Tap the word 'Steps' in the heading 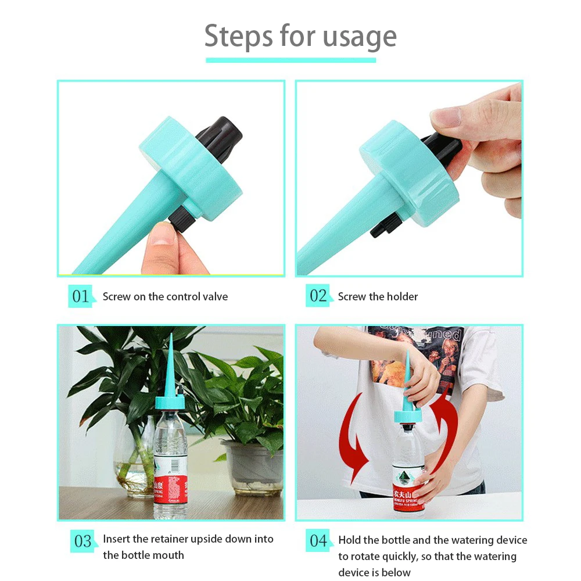[x=238, y=37]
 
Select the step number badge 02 [x=318, y=296]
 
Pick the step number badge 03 [x=83, y=541]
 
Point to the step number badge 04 [x=318, y=541]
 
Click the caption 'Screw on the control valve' [x=165, y=296]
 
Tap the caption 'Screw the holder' [x=378, y=296]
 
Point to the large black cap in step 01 [x=219, y=137]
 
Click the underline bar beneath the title [x=290, y=60]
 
